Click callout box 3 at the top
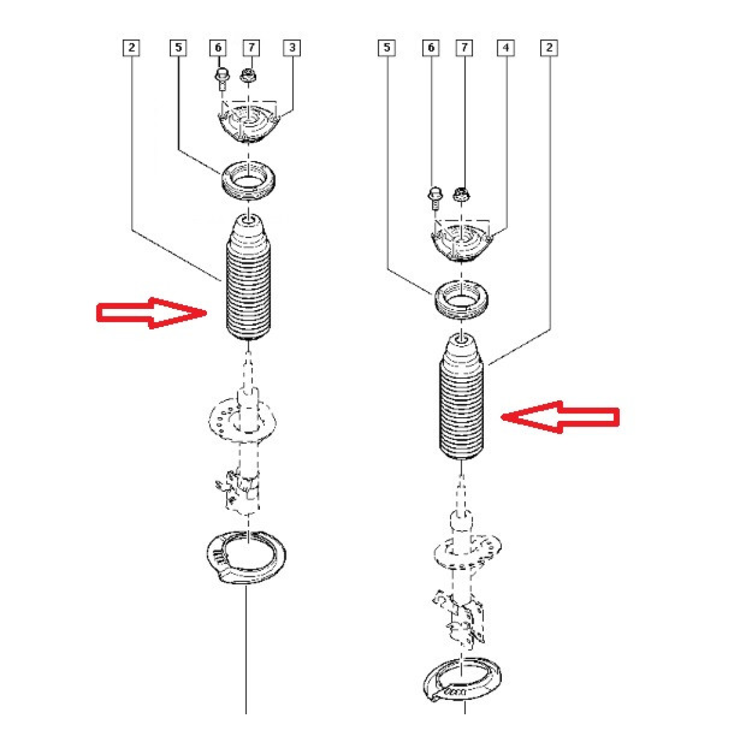click(x=292, y=48)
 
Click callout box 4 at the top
click(x=505, y=48)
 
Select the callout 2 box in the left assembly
click(x=131, y=48)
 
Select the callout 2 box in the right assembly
click(x=549, y=48)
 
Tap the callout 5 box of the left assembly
click(x=178, y=48)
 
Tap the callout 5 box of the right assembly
click(x=386, y=48)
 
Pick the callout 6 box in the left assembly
click(x=218, y=48)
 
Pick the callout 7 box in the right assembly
click(x=464, y=48)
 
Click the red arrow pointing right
click(x=152, y=313)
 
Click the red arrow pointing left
click(x=559, y=417)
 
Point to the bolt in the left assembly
click(x=221, y=79)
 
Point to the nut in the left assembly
click(x=248, y=75)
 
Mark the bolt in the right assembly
click(x=435, y=198)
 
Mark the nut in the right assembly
click(x=461, y=195)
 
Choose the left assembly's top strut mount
click(x=249, y=124)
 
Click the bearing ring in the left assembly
click(x=249, y=182)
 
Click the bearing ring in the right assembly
click(x=461, y=301)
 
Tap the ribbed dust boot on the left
click(x=248, y=277)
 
